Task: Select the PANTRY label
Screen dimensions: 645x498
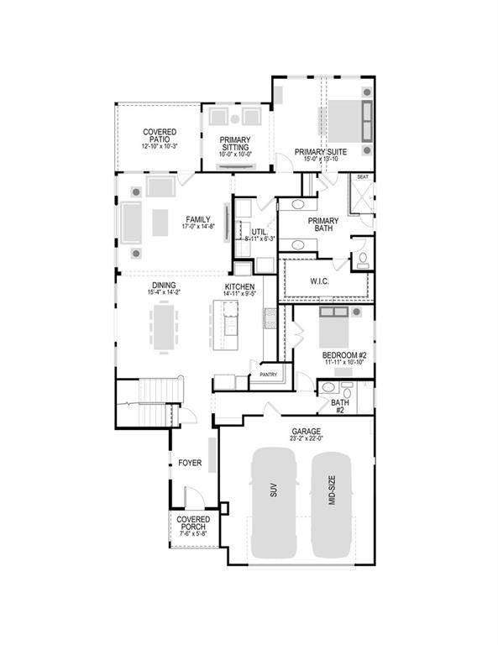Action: click(269, 375)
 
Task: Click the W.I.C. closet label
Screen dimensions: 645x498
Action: click(318, 281)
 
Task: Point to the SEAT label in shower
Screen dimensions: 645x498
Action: click(363, 177)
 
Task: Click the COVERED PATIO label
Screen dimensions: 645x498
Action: click(159, 133)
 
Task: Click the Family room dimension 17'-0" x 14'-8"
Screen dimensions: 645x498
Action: click(197, 227)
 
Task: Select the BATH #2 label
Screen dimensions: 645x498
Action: click(341, 406)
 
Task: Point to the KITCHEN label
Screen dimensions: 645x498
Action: click(239, 287)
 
